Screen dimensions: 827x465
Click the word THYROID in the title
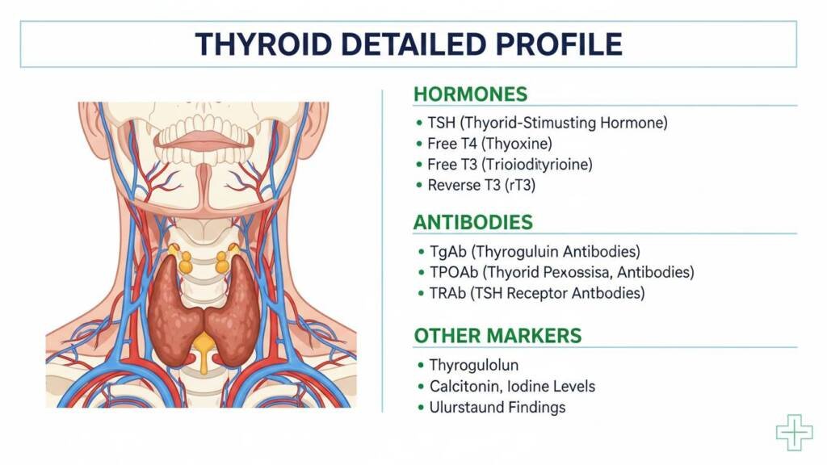(263, 44)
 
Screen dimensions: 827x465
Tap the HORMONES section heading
(470, 94)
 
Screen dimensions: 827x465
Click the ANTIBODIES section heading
(472, 223)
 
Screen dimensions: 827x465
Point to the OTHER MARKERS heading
(497, 336)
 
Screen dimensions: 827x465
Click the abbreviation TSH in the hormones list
(441, 123)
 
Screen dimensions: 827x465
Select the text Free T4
(452, 144)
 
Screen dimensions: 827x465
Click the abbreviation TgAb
(447, 252)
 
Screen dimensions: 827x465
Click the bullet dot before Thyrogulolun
(420, 365)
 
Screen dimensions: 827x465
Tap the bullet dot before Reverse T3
(419, 185)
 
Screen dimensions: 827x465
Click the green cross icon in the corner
(795, 433)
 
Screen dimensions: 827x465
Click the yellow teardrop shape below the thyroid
(204, 350)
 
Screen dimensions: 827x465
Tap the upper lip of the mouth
(204, 136)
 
